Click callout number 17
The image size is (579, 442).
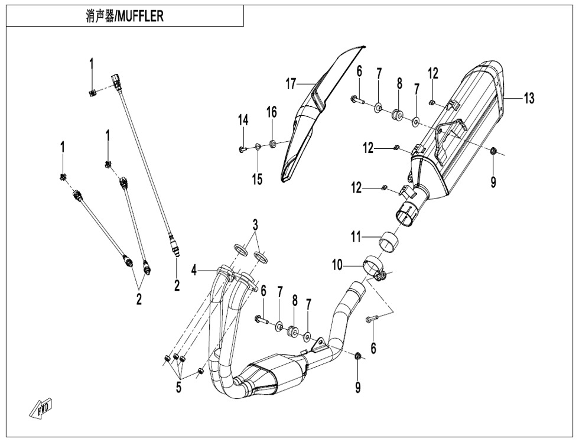[x=291, y=84]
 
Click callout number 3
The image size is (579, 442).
[x=255, y=225]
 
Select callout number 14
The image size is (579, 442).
[x=243, y=121]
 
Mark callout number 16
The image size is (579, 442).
[x=271, y=112]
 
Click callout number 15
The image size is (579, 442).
[x=257, y=179]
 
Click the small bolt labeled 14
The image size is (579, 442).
[x=243, y=148]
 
